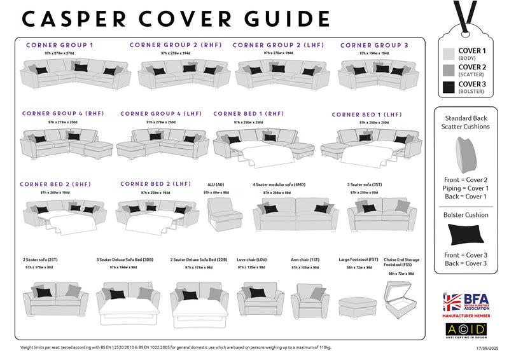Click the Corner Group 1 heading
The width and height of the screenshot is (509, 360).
tap(60, 45)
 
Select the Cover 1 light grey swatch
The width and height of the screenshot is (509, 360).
tap(448, 54)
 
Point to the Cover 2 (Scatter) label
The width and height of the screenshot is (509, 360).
tap(472, 71)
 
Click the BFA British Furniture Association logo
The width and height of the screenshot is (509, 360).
tap(465, 303)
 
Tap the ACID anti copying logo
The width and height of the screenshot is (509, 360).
tap(465, 329)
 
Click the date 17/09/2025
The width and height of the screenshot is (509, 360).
tap(486, 348)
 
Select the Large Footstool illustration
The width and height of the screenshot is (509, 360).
tap(358, 306)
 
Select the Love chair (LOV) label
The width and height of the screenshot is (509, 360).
tap(251, 260)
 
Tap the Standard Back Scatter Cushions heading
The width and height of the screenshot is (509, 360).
tap(467, 122)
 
